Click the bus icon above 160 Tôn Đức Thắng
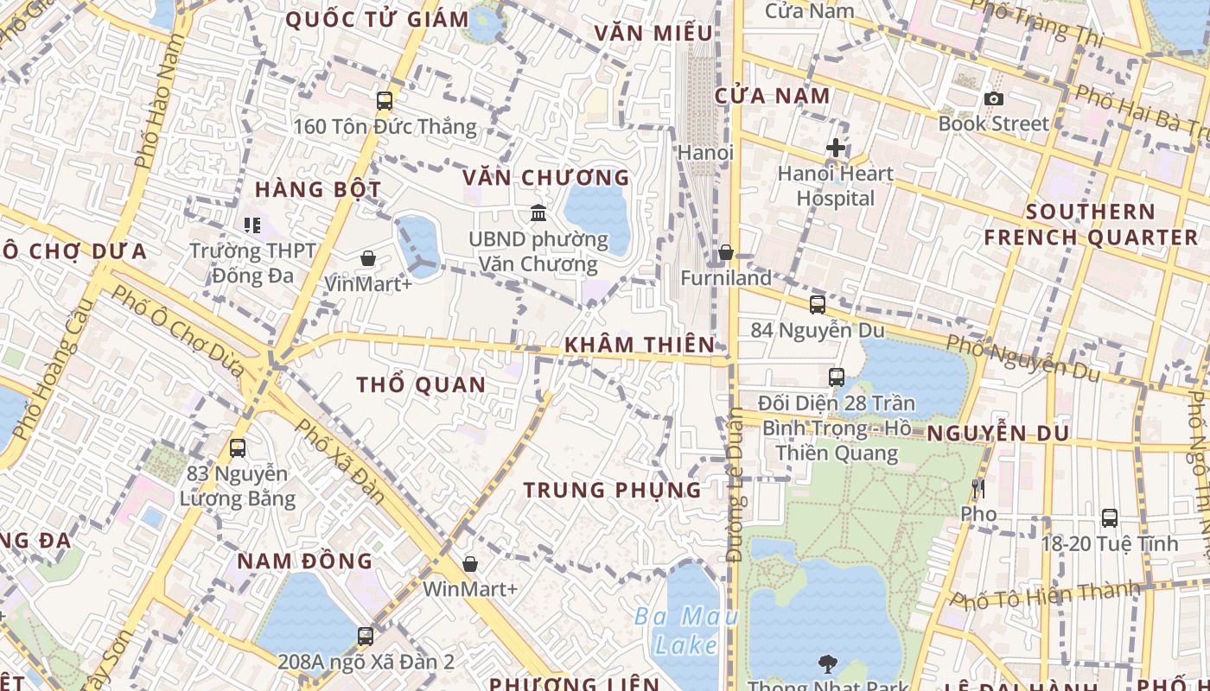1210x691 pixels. click(385, 101)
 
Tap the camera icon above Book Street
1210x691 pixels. click(994, 98)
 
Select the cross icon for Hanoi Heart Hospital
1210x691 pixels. click(835, 148)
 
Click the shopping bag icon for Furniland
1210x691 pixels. click(726, 252)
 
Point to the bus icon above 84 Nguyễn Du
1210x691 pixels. click(817, 304)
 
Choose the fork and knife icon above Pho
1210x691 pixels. click(978, 489)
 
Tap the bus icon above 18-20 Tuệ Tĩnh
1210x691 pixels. click(1109, 518)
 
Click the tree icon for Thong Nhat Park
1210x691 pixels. click(828, 663)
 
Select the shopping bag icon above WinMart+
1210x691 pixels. click(470, 564)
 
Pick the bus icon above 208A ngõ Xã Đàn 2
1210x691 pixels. click(366, 637)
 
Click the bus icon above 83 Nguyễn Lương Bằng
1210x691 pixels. click(237, 448)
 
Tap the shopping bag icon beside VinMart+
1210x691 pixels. click(368, 257)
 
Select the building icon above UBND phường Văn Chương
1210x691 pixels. click(538, 212)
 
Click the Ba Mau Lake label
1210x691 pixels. click(686, 631)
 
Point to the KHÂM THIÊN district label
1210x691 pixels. click(640, 345)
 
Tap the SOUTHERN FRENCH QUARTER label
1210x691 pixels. click(1091, 225)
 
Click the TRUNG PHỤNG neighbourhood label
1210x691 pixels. click(613, 490)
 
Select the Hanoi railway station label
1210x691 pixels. click(705, 153)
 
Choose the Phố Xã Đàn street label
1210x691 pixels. click(339, 461)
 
